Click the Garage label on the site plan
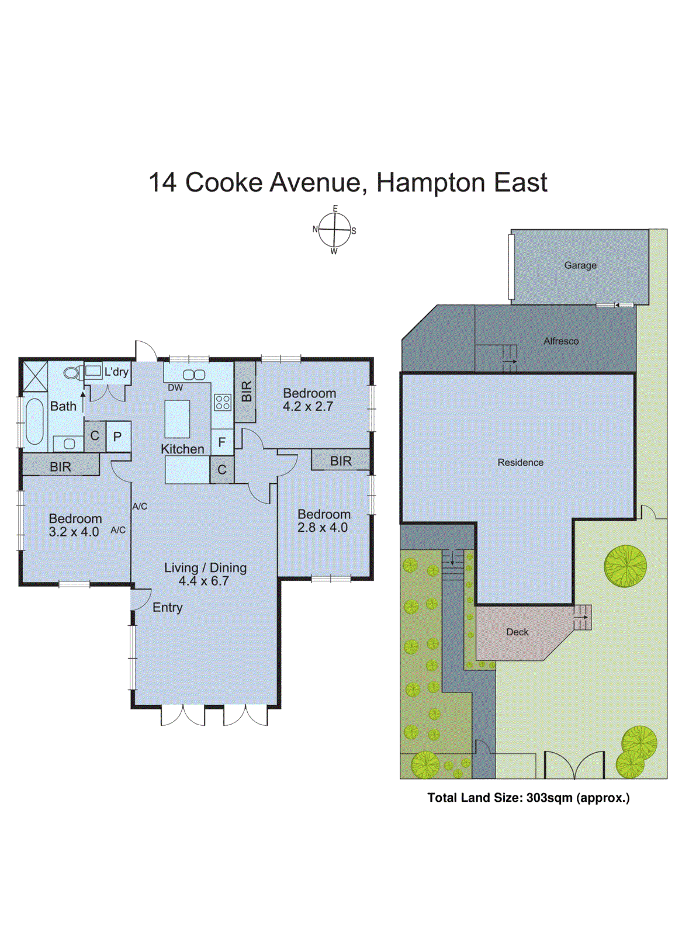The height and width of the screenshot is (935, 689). click(580, 265)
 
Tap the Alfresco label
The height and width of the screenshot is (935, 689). click(560, 341)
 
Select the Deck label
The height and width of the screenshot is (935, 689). click(517, 632)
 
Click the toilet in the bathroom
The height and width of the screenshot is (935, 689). click(73, 373)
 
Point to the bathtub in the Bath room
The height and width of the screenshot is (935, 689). click(34, 421)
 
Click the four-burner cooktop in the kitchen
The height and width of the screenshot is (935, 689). click(223, 402)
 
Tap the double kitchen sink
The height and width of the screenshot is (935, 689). click(194, 375)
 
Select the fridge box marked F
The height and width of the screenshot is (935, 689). click(221, 442)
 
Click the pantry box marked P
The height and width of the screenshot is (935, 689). click(117, 437)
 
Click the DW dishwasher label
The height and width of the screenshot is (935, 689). click(175, 387)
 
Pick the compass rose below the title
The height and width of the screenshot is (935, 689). click(334, 230)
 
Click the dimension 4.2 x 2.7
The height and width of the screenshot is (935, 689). click(308, 407)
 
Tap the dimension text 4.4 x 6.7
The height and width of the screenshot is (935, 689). click(203, 581)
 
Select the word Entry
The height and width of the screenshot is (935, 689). click(167, 608)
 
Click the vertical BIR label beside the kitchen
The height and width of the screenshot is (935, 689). click(246, 392)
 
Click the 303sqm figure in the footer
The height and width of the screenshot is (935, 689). click(549, 798)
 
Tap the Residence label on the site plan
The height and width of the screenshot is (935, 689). click(520, 463)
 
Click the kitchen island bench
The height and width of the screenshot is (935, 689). click(177, 419)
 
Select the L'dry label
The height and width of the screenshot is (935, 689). click(116, 372)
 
